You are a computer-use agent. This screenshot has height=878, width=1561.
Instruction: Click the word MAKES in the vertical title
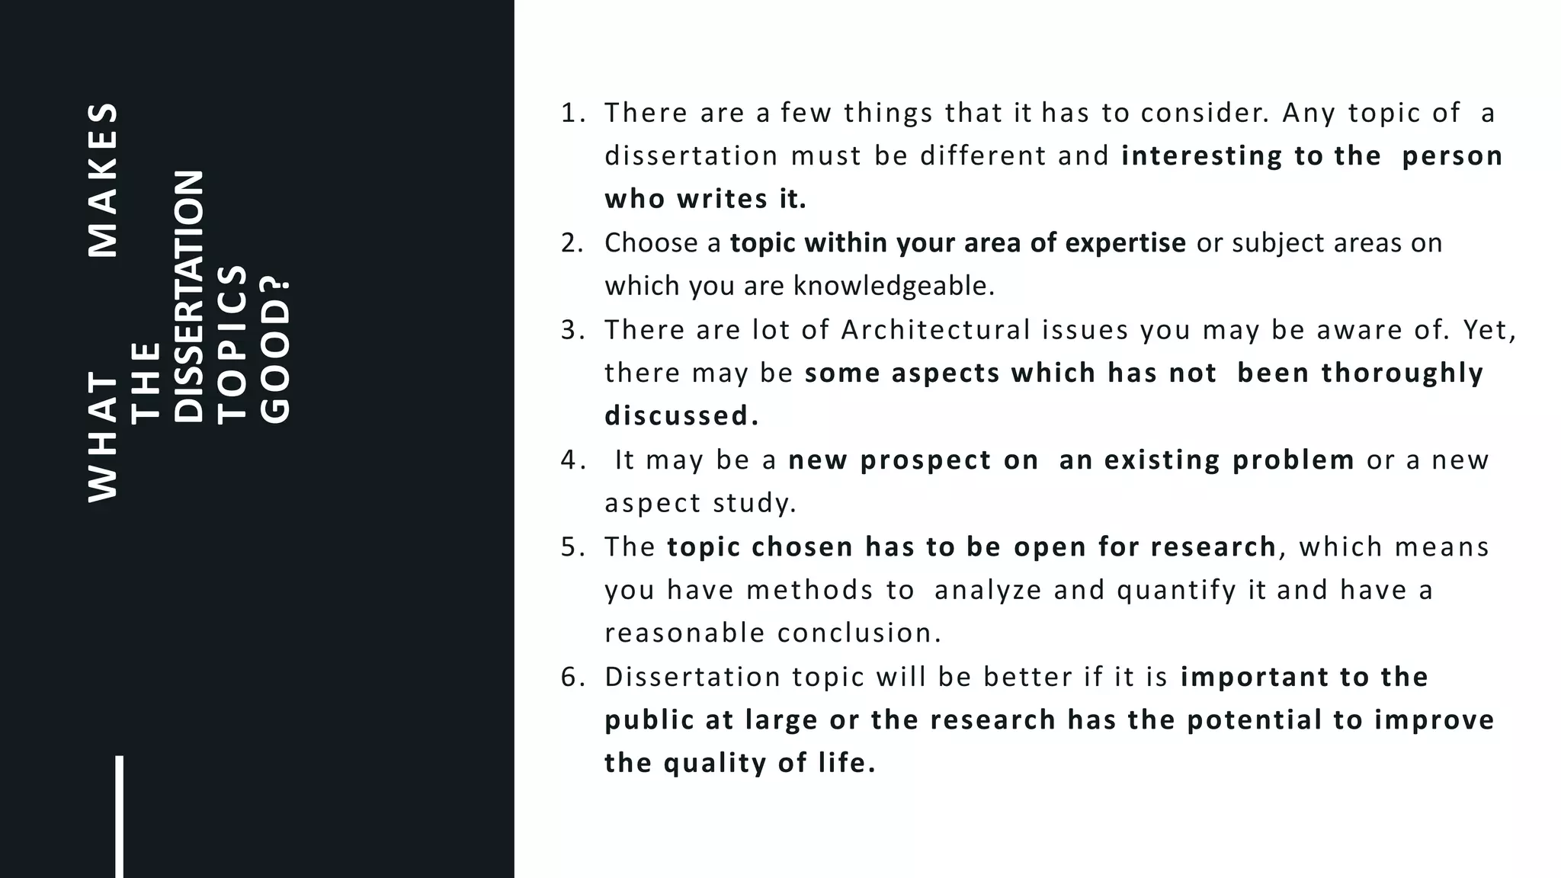[x=104, y=180]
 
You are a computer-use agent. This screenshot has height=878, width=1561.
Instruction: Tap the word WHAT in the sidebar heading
[x=104, y=436]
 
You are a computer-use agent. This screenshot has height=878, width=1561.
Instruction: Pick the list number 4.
[x=570, y=460]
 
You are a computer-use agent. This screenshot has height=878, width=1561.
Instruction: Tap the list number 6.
[x=570, y=677]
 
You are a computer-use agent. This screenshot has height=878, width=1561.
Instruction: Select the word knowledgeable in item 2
[x=893, y=286]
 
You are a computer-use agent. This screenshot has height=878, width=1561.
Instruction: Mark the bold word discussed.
[x=681, y=416]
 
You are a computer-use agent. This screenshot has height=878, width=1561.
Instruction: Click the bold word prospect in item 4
[x=911, y=460]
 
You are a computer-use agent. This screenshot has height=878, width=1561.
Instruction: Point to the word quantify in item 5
[x=1176, y=591]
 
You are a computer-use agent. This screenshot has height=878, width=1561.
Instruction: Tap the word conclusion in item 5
[x=858, y=633]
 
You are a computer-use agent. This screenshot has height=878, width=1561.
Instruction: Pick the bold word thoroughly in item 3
[x=1402, y=373]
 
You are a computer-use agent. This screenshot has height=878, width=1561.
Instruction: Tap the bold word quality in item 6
[x=715, y=763]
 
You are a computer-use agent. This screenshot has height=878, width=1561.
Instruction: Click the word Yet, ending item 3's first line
[x=1490, y=330]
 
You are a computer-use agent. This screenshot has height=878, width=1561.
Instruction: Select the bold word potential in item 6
[x=1255, y=720]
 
